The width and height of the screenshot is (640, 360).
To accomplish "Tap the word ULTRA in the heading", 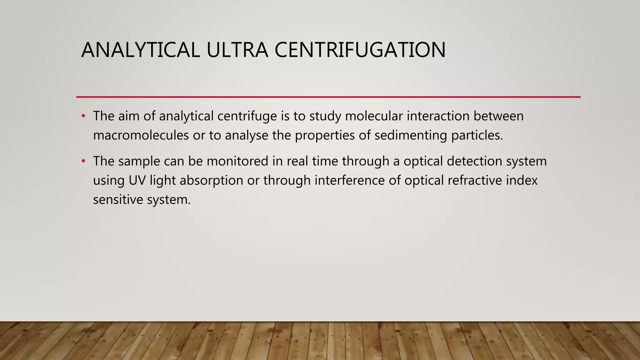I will tap(237, 50).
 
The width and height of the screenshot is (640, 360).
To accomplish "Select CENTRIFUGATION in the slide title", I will tap(360, 50).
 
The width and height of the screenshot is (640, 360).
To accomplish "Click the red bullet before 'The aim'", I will tap(83, 116).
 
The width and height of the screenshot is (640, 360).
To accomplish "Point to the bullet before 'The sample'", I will tap(83, 161).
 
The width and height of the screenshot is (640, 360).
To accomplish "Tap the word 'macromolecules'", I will tap(141, 136).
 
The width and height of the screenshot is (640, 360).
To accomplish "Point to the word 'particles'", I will tap(477, 136).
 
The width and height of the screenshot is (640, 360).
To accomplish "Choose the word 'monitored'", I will tap(237, 161).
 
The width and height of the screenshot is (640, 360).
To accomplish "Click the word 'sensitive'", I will tap(118, 200).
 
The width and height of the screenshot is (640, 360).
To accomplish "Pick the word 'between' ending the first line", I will tap(498, 116).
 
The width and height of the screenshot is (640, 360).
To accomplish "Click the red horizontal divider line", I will tap(328, 97).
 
